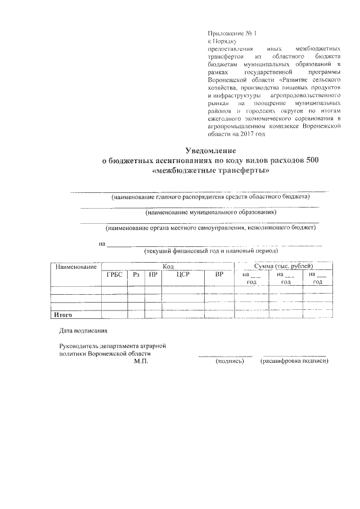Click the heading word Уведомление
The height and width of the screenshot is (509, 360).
pyautogui.click(x=211, y=150)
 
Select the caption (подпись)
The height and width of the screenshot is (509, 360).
pyautogui.click(x=229, y=362)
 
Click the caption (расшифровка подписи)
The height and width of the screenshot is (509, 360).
pyautogui.click(x=294, y=362)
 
